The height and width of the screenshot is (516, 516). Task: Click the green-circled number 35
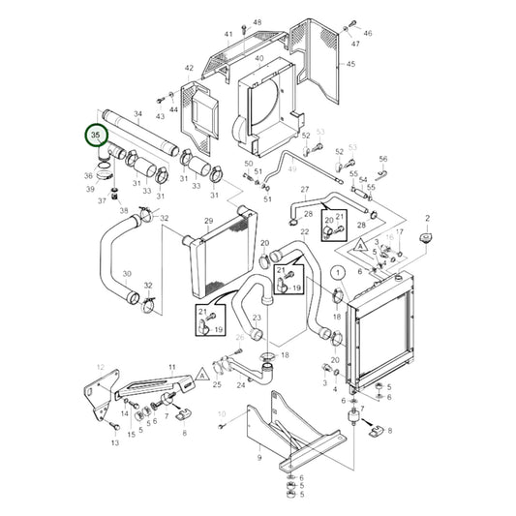pos(95,137)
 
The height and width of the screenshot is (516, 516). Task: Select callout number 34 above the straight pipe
pos(137,114)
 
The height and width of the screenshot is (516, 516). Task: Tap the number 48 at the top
pos(257,21)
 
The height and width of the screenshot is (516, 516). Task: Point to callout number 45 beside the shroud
pos(350,65)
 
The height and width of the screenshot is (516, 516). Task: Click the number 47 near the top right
pos(355,45)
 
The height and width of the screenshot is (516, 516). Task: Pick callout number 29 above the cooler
pos(208,222)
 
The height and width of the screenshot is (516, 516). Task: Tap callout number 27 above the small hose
pos(304,190)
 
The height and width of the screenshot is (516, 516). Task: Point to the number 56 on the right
pos(382,159)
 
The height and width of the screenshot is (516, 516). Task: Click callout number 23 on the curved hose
pos(257,317)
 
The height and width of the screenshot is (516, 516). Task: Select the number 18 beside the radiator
pos(336,316)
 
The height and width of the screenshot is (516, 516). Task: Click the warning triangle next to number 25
pos(200,373)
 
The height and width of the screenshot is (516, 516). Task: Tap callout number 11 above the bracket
pos(172,367)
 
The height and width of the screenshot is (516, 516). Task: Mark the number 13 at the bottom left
pos(115,441)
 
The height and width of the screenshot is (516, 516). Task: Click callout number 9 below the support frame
pos(258,460)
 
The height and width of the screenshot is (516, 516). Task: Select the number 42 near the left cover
pos(189,69)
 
